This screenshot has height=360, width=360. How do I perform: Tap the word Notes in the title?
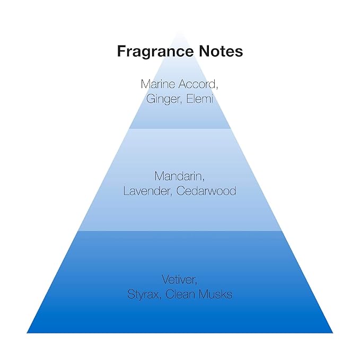(x=221, y=51)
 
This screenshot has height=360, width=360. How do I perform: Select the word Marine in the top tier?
(x=158, y=84)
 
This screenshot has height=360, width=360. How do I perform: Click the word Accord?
(x=197, y=84)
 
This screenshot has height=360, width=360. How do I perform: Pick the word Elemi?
(x=199, y=99)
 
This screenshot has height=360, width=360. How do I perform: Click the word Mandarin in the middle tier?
(x=178, y=177)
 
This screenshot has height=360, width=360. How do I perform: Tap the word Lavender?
(x=146, y=191)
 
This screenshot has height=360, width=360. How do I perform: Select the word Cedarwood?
(x=206, y=191)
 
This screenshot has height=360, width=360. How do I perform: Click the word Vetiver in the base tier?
(x=178, y=279)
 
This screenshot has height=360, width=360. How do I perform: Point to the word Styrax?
(x=143, y=295)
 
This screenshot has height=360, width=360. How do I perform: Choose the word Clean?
(x=180, y=294)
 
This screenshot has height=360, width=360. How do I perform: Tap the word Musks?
(x=216, y=294)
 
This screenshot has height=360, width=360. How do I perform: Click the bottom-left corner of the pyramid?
(x=27, y=333)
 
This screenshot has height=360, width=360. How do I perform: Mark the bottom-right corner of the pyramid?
(x=333, y=333)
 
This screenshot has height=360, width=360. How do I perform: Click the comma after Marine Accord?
(x=216, y=87)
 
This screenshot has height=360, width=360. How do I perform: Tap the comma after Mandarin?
(x=203, y=180)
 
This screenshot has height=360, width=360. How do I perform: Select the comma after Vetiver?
(x=196, y=283)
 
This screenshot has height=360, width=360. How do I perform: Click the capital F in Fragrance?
(x=122, y=51)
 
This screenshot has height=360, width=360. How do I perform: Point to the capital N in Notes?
(x=205, y=51)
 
